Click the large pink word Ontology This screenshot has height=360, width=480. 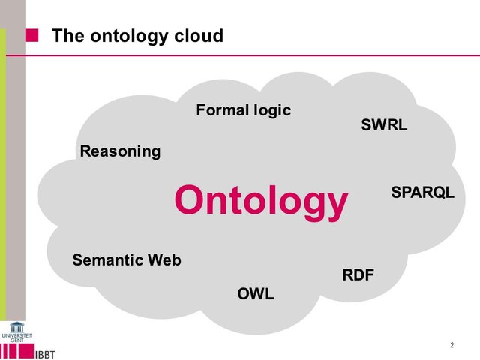coord(261,201)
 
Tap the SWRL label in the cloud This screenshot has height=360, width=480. coord(384,125)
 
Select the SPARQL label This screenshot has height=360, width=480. coord(422,193)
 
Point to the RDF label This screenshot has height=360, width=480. coord(358,275)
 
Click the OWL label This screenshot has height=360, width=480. coord(256,293)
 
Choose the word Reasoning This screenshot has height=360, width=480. coord(120,151)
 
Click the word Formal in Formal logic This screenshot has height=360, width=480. coord(221,110)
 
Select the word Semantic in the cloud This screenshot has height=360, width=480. coord(108,260)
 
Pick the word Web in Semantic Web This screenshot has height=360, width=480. coord(164,260)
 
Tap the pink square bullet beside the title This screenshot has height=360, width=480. coord(32,35)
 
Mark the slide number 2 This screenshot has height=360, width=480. coord(452,345)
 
